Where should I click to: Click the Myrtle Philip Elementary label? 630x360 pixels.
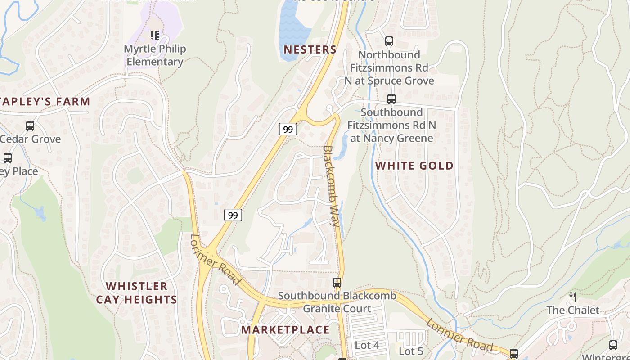coord(154,55)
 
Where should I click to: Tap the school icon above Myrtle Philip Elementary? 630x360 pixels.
coord(155,35)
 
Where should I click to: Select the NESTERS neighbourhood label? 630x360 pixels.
coord(310,49)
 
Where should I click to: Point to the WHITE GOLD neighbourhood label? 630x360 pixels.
coord(414,166)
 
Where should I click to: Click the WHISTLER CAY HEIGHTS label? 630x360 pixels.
coord(136,292)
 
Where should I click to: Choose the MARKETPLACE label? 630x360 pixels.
coord(285,330)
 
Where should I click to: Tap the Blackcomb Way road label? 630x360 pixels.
coord(331,185)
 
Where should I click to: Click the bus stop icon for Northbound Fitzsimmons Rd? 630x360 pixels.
coord(389,41)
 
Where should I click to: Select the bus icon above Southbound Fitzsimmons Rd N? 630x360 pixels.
coord(391,99)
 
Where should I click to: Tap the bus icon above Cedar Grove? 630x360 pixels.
coord(30,126)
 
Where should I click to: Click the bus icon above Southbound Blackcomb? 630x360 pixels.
coord(337,283)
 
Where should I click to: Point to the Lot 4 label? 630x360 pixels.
coord(367,345)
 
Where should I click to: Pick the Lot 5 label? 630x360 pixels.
coord(411,351)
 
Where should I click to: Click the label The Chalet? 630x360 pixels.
coord(573,310)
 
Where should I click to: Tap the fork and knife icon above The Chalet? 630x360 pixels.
coord(573,297)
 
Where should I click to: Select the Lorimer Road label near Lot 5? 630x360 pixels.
coord(459,335)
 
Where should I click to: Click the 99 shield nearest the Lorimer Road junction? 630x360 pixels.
coord(233,215)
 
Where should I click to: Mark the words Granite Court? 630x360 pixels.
coord(337,309)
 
